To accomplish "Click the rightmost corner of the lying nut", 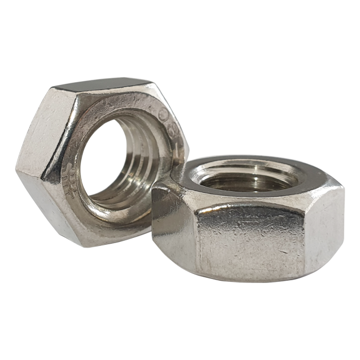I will click(x=344, y=188).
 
